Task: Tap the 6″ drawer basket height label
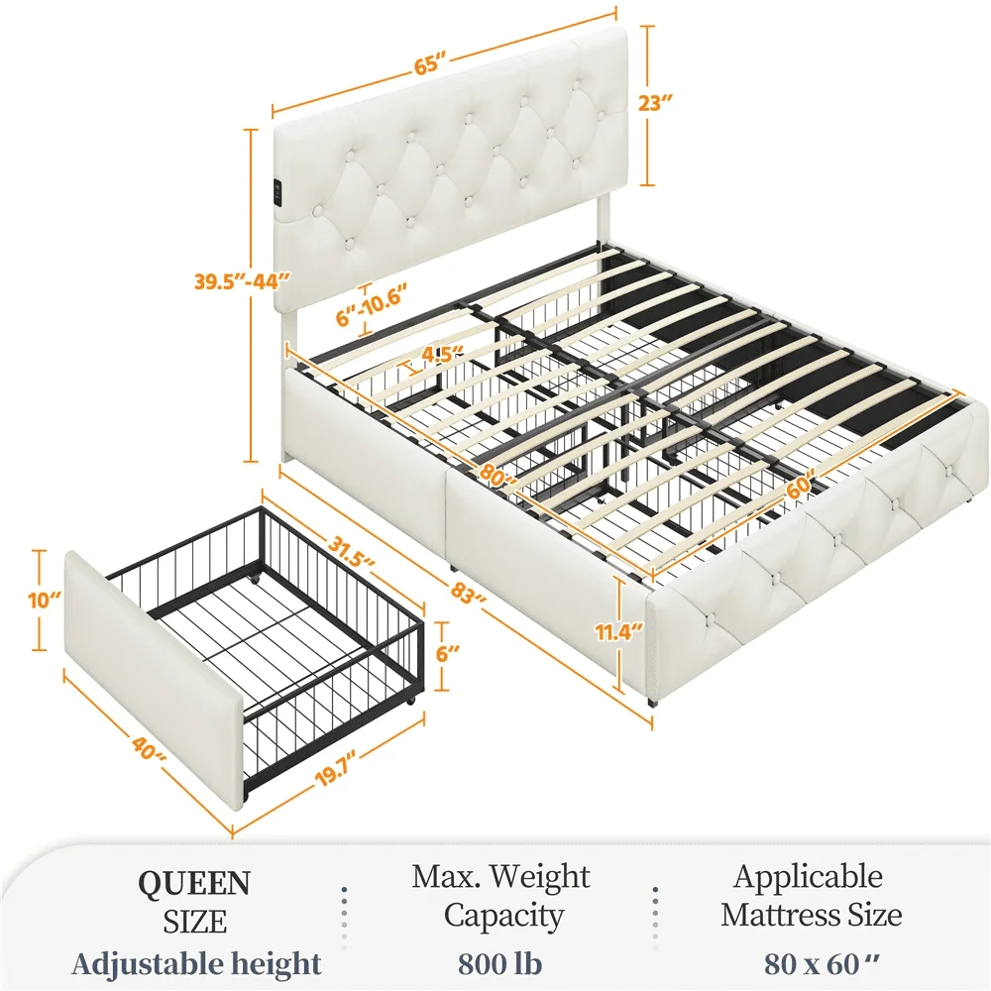447,655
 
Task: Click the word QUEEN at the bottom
194,882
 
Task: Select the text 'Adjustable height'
196,963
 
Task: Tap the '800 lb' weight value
500,963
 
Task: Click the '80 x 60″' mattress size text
809,963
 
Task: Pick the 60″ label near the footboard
795,487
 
